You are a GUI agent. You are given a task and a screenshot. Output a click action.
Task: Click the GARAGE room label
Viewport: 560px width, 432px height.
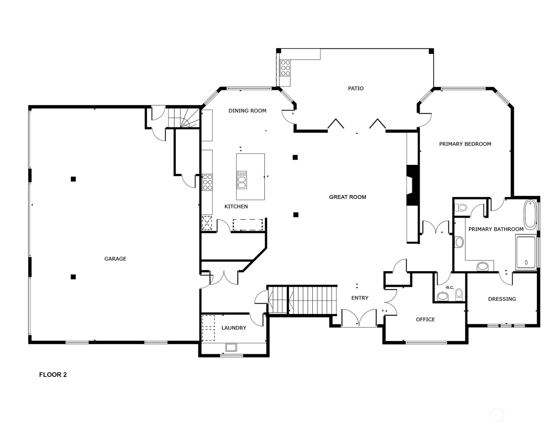115,259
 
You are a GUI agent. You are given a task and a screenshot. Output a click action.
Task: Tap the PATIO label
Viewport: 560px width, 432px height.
356,88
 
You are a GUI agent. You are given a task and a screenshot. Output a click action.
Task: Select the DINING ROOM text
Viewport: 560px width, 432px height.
247,111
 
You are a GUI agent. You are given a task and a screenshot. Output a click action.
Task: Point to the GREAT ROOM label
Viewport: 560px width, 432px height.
348,197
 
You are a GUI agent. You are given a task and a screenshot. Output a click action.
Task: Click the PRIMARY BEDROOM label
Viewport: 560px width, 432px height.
465,144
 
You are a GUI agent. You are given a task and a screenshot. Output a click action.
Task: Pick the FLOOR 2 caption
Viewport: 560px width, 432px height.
53,374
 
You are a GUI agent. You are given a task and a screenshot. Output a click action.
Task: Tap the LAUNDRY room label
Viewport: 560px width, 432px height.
234,328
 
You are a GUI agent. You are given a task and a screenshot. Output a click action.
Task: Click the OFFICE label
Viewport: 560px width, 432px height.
425,319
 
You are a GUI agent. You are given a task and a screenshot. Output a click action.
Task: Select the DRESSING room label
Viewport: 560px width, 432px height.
502,299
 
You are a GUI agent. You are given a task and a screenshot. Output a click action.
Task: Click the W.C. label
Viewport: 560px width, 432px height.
450,288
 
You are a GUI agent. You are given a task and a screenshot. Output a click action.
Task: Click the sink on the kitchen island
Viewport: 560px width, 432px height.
242,180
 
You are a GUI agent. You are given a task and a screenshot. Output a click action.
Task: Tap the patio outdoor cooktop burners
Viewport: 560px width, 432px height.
285,68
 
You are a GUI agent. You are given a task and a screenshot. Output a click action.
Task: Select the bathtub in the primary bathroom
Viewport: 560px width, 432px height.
530,215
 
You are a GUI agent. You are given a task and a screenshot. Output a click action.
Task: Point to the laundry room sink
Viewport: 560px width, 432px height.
231,347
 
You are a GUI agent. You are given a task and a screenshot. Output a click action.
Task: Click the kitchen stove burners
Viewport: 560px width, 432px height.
207,182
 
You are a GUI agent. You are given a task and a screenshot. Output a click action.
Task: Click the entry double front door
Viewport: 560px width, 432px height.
359,318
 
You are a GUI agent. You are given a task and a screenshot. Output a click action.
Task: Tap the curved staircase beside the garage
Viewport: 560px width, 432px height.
184,118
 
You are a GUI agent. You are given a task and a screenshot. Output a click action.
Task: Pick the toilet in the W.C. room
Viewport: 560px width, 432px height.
459,294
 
